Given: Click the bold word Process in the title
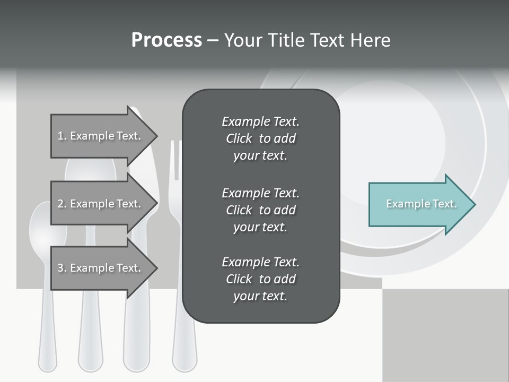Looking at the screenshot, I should pyautogui.click(x=166, y=40).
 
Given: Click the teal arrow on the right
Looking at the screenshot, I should pyautogui.click(x=419, y=204).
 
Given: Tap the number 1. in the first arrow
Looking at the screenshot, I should pyautogui.click(x=62, y=136).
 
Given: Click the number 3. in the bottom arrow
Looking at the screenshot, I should pyautogui.click(x=62, y=268).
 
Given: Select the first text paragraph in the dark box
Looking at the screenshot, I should pyautogui.click(x=260, y=138).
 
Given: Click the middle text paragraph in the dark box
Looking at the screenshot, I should pyautogui.click(x=260, y=210).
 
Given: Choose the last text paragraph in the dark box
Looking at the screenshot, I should pyautogui.click(x=260, y=279).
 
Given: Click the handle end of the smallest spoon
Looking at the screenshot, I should pyautogui.click(x=48, y=361).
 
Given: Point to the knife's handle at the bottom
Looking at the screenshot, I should pyautogui.click(x=136, y=345).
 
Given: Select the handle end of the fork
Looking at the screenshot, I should pyautogui.click(x=184, y=361).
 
